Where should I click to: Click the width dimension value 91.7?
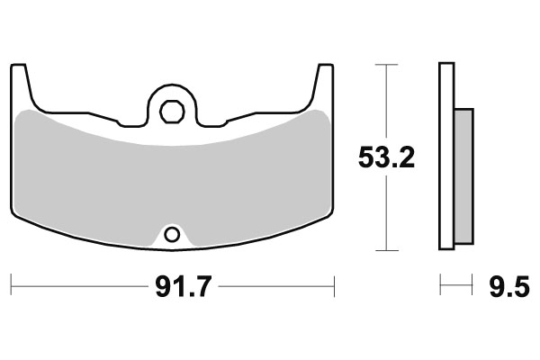tap(174, 289)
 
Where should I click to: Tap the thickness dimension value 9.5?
tap(509, 289)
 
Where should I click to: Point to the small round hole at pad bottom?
tap(171, 236)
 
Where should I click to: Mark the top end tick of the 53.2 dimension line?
tap(385, 66)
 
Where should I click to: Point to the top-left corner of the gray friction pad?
tap(24, 112)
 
